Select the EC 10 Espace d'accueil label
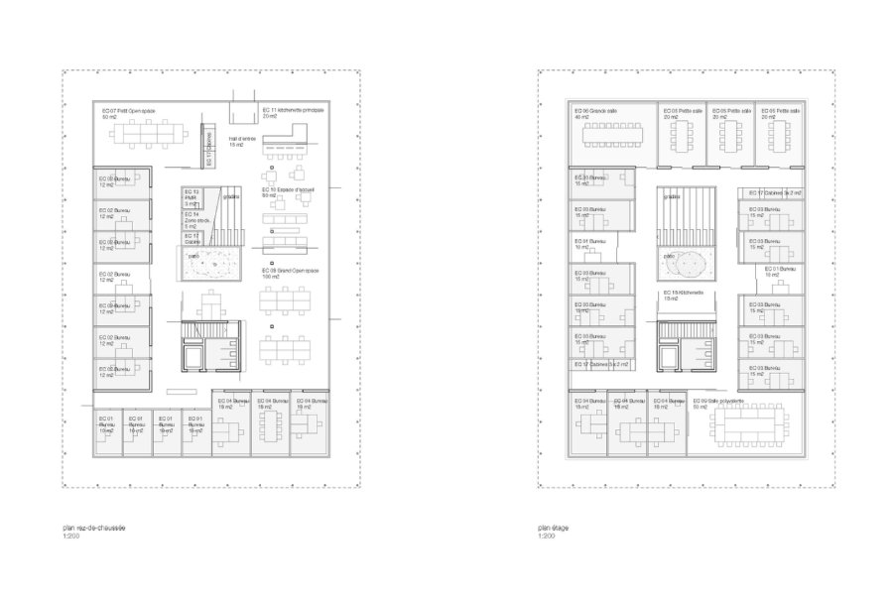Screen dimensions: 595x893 pos(288,189)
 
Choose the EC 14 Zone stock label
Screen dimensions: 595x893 pos(191,219)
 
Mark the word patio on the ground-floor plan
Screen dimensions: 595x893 pos(195,255)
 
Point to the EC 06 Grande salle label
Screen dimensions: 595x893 pos(598,110)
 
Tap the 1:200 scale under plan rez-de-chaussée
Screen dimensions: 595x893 pos(71,537)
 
